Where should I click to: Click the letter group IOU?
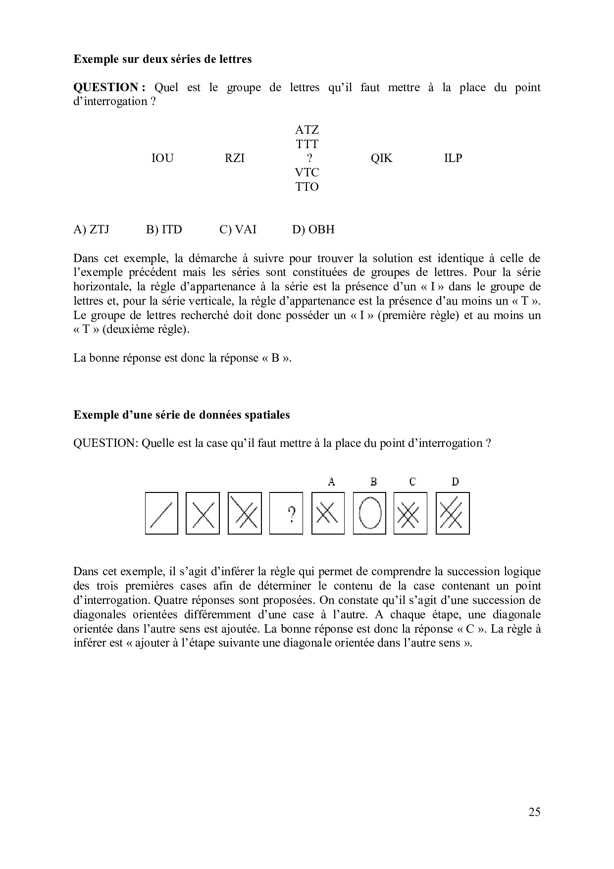pyautogui.click(x=162, y=159)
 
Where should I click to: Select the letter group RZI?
pyautogui.click(x=235, y=159)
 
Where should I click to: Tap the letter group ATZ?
pyautogui.click(x=307, y=130)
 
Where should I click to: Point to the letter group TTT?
pyautogui.click(x=307, y=144)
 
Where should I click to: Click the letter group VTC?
pyautogui.click(x=307, y=173)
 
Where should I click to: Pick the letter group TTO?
pyautogui.click(x=307, y=187)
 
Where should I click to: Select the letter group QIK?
pyautogui.click(x=381, y=159)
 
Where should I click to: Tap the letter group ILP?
pyautogui.click(x=453, y=159)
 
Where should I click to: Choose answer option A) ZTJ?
pyautogui.click(x=91, y=230)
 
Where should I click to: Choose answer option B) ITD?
pyautogui.click(x=164, y=230)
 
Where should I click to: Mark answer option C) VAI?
pyautogui.click(x=238, y=230)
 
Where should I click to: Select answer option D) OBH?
pyautogui.click(x=313, y=230)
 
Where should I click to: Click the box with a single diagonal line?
pyautogui.click(x=161, y=513)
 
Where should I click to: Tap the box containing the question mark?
pyautogui.click(x=286, y=513)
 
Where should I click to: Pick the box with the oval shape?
pyautogui.click(x=369, y=513)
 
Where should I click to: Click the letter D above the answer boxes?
pyautogui.click(x=455, y=482)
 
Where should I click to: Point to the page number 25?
pyautogui.click(x=534, y=812)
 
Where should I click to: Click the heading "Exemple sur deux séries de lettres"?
pyautogui.click(x=162, y=59)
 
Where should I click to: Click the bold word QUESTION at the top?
pyautogui.click(x=108, y=88)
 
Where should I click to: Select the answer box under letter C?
pyautogui.click(x=410, y=513)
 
